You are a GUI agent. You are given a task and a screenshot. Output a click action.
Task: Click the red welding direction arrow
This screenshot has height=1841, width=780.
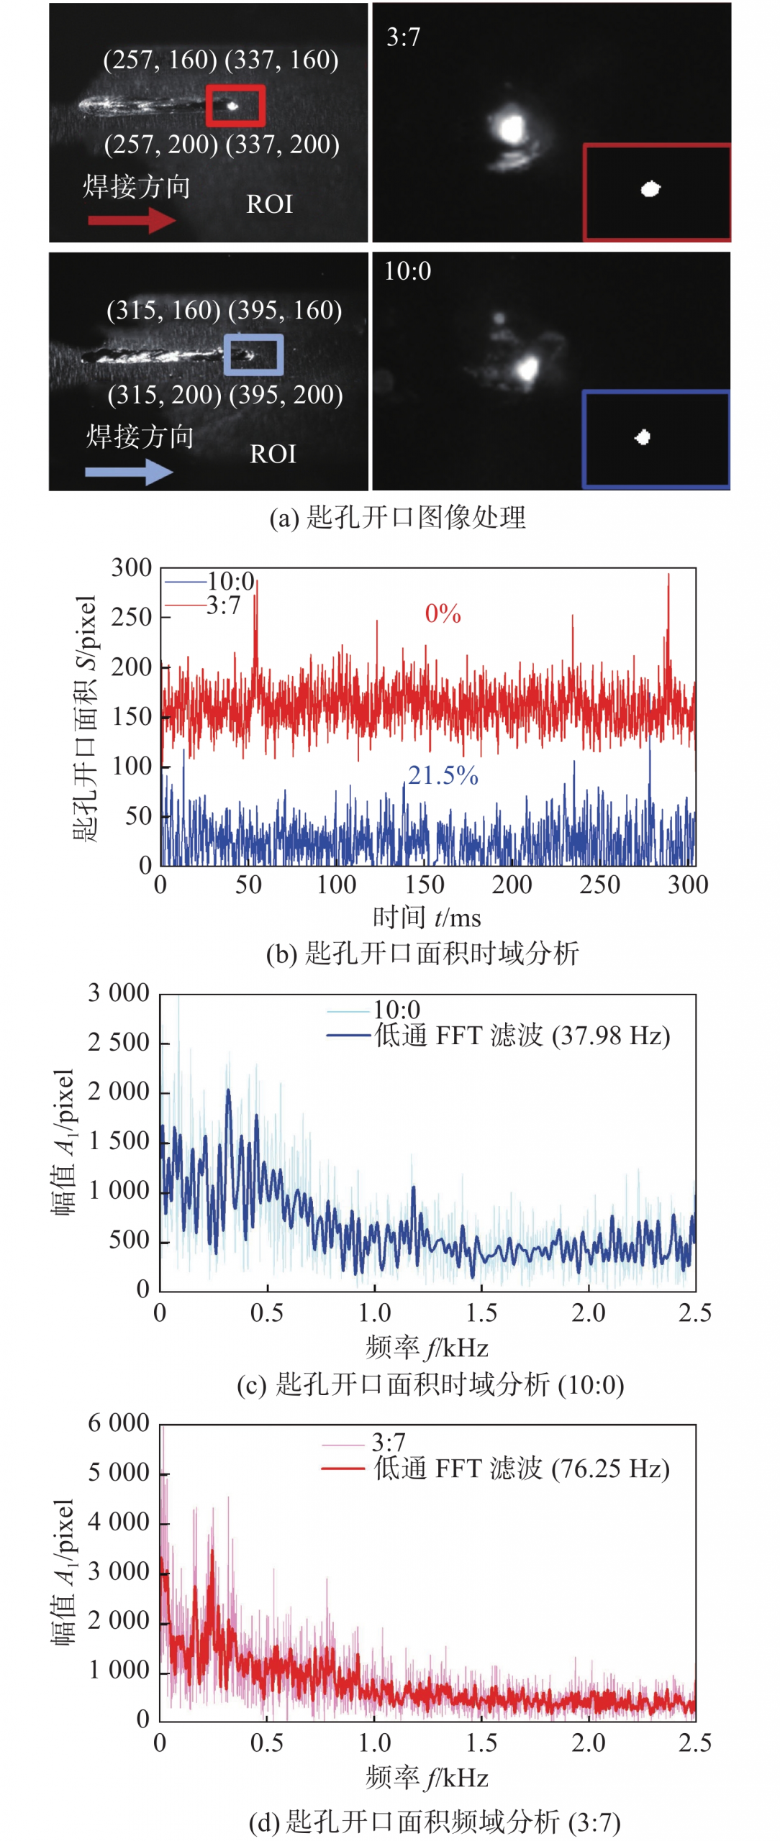(x=131, y=220)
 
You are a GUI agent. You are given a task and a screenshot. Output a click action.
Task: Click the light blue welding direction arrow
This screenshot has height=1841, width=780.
(x=129, y=472)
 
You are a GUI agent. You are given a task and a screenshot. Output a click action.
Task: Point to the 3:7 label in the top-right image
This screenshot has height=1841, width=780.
(x=403, y=37)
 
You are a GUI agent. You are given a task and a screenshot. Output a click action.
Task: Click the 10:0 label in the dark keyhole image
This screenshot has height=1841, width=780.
(x=407, y=271)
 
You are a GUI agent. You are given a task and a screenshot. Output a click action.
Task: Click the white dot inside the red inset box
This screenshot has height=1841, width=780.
(x=650, y=189)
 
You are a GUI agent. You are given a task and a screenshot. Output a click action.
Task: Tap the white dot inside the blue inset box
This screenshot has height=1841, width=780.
(x=643, y=437)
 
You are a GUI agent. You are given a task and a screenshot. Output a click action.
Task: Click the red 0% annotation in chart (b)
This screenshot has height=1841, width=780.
(x=443, y=613)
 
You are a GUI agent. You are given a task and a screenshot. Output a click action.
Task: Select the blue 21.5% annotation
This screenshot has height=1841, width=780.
(x=443, y=775)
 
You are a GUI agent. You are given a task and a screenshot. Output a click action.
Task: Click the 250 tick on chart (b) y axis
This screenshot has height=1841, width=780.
(x=131, y=617)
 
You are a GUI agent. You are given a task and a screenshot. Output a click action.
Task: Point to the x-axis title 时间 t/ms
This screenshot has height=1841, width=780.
(x=427, y=918)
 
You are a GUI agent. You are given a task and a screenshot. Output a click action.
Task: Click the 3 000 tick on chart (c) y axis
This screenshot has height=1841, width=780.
(x=119, y=993)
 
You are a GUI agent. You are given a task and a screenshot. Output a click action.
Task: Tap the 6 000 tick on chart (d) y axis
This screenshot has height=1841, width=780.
(x=119, y=1423)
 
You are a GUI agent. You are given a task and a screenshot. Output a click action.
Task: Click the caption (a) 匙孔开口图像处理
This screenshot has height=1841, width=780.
(x=397, y=518)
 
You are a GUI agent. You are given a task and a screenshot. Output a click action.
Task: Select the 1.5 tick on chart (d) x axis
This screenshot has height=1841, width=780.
(x=481, y=1743)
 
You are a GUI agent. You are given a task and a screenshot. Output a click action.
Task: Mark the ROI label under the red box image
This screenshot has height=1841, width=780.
(x=269, y=204)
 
